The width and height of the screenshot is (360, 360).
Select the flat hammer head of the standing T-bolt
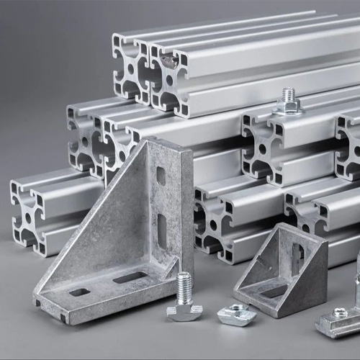click(184, 311)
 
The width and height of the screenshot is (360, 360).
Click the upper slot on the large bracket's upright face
click(161, 175)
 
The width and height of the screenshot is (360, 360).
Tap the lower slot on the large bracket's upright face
click(162, 228)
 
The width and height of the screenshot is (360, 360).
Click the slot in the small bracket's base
click(274, 291)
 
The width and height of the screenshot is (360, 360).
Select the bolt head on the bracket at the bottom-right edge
click(339, 312)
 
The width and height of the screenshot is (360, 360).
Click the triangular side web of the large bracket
click(108, 230)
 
